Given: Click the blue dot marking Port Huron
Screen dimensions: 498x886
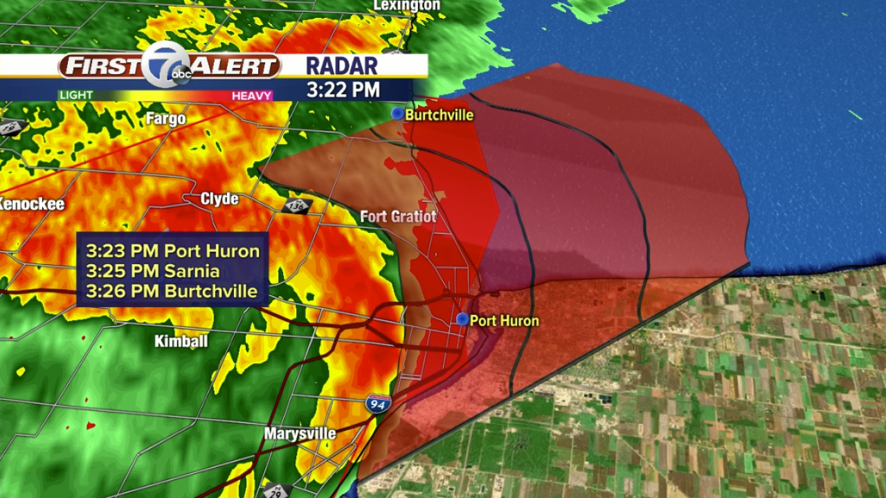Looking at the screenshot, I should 462,319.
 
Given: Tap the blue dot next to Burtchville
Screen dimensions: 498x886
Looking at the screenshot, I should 397,113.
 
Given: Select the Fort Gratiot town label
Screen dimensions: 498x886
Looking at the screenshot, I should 398,216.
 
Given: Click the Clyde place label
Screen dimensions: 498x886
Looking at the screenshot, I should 219,199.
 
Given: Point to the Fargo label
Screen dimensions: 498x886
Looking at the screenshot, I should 166,119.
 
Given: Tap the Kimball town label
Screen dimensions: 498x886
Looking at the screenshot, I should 181,341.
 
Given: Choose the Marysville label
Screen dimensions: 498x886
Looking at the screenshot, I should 300,434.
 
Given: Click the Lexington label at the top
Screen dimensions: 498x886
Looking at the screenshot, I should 406,6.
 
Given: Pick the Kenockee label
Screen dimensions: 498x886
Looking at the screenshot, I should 31,204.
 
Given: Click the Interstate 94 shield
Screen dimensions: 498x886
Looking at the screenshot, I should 378,404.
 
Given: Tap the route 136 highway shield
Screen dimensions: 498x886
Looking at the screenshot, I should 298,205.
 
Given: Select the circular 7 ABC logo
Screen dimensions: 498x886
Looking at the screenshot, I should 169,66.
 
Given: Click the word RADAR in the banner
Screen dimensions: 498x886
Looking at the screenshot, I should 342,66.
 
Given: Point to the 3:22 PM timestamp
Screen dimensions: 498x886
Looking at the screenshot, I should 343,90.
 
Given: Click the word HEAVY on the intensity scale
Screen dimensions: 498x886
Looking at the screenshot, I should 251,95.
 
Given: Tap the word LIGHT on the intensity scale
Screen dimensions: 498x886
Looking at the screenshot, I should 76,95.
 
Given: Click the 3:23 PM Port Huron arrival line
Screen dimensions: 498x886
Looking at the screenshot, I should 172,250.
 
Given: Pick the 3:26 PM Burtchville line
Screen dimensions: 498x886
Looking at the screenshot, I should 172,291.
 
